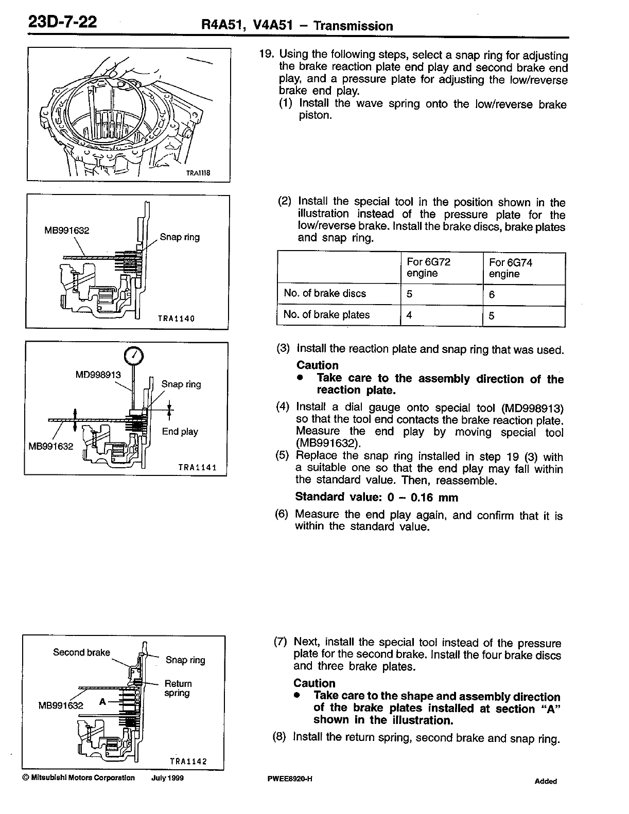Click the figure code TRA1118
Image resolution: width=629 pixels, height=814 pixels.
(198, 173)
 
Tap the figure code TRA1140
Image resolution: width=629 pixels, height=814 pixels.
(176, 318)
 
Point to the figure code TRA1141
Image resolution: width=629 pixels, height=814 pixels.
(197, 467)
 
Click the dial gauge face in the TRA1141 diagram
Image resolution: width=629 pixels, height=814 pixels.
(133, 355)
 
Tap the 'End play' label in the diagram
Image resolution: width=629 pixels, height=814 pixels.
(180, 432)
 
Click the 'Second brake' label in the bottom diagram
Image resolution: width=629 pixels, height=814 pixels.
(81, 652)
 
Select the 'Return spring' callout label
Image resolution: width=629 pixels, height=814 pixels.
(178, 688)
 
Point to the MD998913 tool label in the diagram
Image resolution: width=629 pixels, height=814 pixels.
(98, 375)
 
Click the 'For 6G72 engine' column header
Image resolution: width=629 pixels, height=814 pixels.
(428, 268)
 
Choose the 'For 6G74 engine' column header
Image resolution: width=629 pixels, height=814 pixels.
(511, 268)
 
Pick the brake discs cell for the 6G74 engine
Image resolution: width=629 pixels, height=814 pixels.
(492, 295)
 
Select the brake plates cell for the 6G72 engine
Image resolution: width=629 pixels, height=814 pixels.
(409, 315)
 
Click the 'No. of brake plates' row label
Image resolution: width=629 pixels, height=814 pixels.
(326, 315)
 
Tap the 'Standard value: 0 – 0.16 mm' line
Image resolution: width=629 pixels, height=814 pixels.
(376, 498)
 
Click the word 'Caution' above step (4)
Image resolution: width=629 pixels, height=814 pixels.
(317, 365)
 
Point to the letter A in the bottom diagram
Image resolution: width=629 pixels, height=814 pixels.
(102, 701)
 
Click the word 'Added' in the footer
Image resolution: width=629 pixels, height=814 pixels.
(546, 781)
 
